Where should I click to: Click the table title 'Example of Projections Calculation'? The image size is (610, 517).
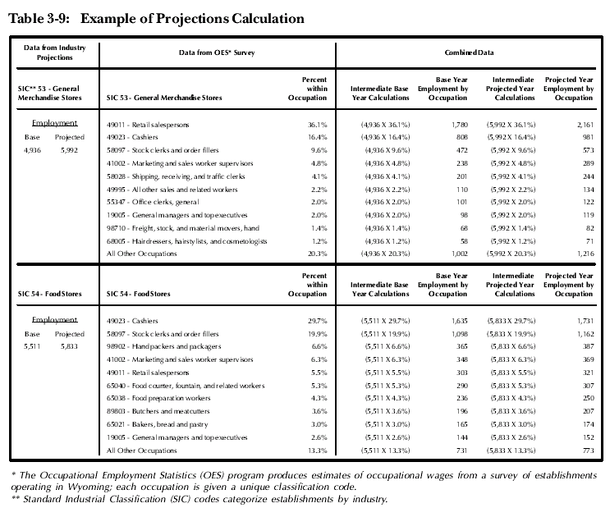[x=192, y=19]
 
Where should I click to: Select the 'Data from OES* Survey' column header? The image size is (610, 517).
[x=217, y=53]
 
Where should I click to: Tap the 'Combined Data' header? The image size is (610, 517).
[x=469, y=53]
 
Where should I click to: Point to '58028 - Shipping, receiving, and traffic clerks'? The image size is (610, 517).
[x=176, y=176]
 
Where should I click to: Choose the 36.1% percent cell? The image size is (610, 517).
[x=318, y=125]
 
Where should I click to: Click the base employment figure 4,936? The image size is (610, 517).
[x=32, y=150]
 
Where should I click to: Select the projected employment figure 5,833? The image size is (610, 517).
[x=69, y=346]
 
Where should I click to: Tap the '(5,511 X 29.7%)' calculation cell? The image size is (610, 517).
[x=386, y=321]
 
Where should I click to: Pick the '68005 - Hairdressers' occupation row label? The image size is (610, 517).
[x=186, y=241]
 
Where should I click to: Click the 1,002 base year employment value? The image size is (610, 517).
[x=460, y=254]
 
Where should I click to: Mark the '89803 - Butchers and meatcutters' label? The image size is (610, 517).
[x=158, y=411]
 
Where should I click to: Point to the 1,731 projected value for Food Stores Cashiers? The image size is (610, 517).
[x=585, y=321]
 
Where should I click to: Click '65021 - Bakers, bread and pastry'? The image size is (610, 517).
[x=157, y=424]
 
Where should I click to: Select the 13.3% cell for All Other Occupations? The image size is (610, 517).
[x=318, y=451]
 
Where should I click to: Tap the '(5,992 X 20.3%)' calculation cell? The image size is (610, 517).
[x=511, y=254]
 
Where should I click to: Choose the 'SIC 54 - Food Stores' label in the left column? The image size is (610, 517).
[x=50, y=294]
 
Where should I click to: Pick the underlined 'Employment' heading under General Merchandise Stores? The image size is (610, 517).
[x=54, y=123]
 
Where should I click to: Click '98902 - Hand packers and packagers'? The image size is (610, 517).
[x=163, y=346]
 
